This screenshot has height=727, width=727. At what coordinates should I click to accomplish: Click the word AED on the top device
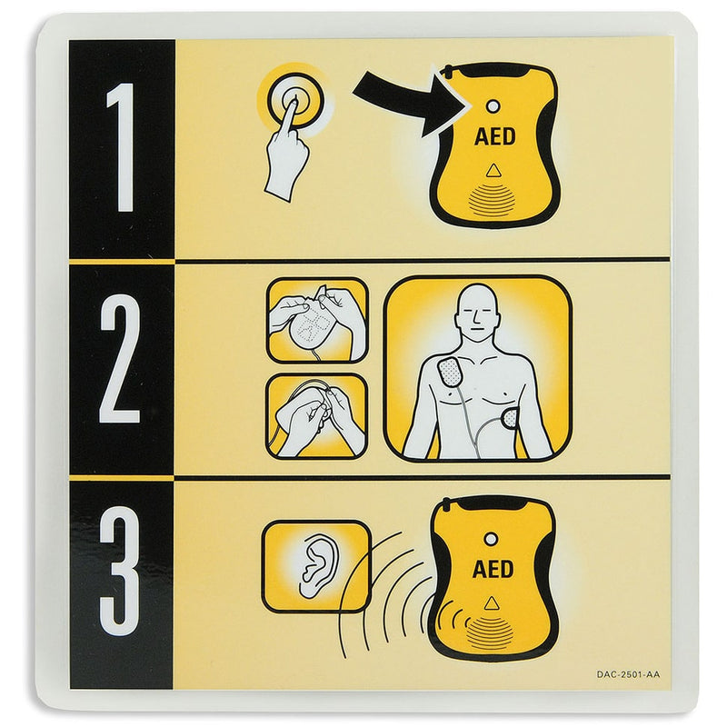point(494,137)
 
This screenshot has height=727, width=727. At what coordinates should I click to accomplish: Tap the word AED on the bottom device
point(493,570)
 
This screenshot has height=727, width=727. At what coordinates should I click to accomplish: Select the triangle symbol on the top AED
point(493,170)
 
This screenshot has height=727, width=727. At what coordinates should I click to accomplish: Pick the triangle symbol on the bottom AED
point(492,602)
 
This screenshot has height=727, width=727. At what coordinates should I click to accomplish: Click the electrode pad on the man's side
point(510,420)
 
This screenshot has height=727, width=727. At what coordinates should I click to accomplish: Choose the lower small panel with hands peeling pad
point(316,416)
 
